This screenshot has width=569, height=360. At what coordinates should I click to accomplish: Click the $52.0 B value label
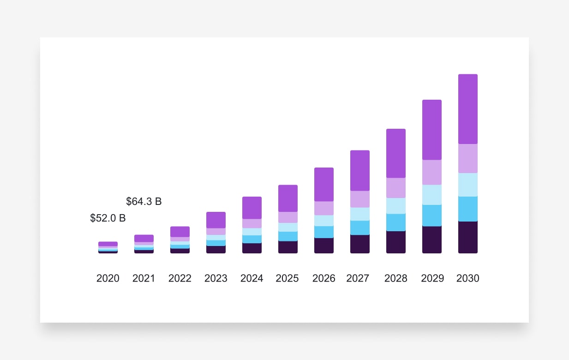(108, 218)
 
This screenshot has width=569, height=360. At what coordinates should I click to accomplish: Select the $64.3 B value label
(144, 202)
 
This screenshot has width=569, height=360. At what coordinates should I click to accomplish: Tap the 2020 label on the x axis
(108, 278)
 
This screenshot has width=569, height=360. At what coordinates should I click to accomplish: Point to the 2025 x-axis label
(287, 278)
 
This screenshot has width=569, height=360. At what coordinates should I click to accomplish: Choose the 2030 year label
(468, 278)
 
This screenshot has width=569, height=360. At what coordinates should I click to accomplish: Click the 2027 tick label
(358, 278)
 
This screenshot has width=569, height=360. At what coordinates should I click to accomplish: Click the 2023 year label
(216, 278)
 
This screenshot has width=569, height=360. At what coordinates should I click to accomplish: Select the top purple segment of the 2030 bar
(468, 109)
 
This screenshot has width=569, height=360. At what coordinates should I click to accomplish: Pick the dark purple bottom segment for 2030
(468, 237)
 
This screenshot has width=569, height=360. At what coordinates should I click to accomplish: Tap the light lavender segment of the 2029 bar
(432, 172)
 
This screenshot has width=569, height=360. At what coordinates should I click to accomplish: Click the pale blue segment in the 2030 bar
(468, 185)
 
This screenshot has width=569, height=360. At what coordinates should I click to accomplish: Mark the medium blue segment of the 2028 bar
(396, 222)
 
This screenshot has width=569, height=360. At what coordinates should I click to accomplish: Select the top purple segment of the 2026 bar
(324, 185)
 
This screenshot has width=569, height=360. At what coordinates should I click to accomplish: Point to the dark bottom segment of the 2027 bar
(360, 244)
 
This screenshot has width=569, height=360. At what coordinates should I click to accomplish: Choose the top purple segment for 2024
(252, 208)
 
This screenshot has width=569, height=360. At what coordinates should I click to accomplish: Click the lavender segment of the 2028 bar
(396, 188)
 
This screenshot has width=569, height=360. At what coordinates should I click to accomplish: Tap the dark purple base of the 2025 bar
(288, 247)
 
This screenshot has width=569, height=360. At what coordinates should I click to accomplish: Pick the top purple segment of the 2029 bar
(432, 130)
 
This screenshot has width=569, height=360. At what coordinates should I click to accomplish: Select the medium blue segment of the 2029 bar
(432, 216)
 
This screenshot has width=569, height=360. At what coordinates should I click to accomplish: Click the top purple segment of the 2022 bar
(180, 232)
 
